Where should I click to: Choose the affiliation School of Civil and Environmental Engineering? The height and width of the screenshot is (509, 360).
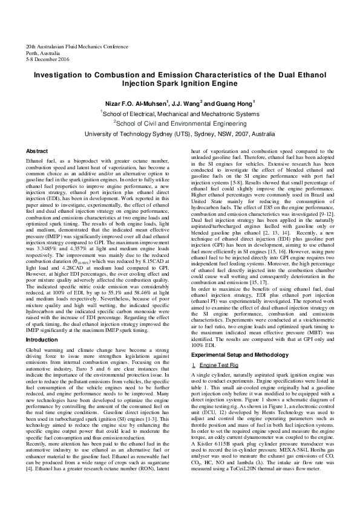(181, 123)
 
